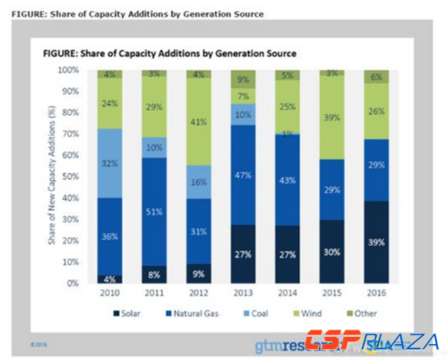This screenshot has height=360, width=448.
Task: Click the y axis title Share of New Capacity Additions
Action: [52, 176]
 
